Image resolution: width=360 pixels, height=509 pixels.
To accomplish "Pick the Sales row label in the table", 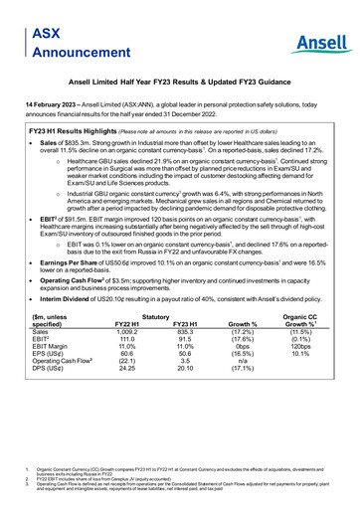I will (x=44, y=361).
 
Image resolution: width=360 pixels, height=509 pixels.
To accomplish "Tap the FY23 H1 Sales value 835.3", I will (x=187, y=361).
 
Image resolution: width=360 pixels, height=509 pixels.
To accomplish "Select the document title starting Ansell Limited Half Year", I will (x=180, y=86).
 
